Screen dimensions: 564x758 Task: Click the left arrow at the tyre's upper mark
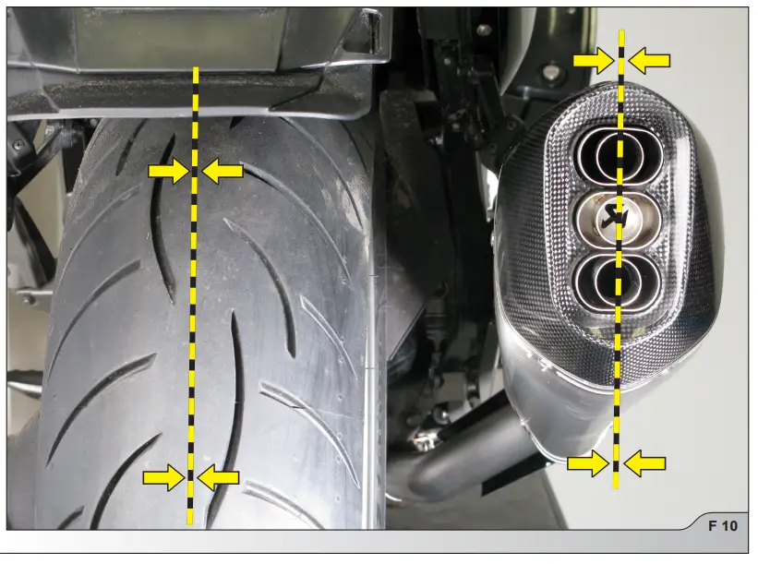(167, 170)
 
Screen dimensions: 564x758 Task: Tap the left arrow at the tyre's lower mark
(162, 477)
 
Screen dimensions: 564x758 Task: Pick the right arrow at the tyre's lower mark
(219, 477)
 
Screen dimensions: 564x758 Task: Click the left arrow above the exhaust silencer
(592, 61)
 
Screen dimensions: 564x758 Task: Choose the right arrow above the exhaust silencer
(650, 61)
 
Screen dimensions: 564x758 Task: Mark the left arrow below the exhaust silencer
(586, 462)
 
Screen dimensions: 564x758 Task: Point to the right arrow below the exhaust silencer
(645, 462)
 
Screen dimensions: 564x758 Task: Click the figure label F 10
(722, 526)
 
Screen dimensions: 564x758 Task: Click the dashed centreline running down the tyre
(192, 323)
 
